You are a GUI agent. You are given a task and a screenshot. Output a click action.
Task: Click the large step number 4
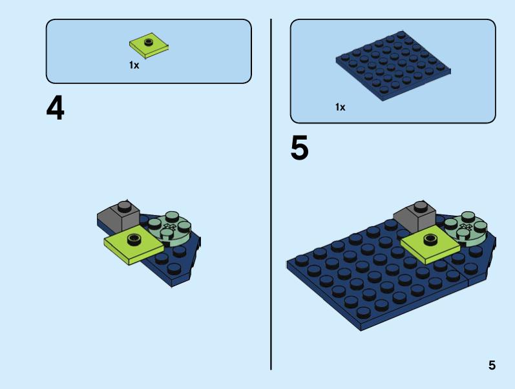[x=56, y=109]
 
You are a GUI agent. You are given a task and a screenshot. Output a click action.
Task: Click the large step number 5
[x=299, y=149]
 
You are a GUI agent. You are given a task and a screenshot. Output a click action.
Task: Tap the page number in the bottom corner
[x=492, y=366]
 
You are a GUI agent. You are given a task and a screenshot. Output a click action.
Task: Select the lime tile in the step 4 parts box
[x=149, y=45]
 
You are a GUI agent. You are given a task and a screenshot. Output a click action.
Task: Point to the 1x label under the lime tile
[x=134, y=65]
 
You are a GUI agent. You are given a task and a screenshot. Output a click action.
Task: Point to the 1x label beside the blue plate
[x=340, y=107]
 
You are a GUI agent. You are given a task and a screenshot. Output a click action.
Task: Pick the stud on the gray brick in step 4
[x=125, y=206]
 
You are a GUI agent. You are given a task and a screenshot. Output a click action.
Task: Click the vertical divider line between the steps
[x=271, y=194]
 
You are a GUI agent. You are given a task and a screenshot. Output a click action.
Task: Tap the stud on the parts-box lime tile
[x=149, y=42]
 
